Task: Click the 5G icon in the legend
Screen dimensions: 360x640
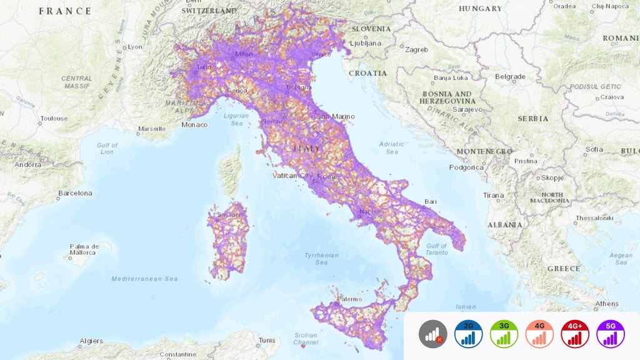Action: tap(611, 334)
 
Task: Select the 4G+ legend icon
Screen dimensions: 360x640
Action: tap(575, 334)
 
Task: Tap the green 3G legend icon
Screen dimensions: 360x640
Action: tap(504, 334)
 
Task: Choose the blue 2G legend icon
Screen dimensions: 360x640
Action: tap(468, 334)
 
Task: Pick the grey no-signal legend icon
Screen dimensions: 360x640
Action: tap(433, 334)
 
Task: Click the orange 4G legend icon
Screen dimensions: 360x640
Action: tap(539, 334)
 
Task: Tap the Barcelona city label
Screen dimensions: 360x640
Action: tap(74, 193)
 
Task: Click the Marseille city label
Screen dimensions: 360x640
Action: tap(152, 129)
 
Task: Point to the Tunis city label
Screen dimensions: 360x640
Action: tap(267, 341)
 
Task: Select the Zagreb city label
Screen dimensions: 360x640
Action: tap(416, 49)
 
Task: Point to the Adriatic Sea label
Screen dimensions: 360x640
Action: tap(391, 147)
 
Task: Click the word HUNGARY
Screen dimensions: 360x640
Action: tap(480, 9)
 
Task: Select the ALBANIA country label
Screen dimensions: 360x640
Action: tap(506, 224)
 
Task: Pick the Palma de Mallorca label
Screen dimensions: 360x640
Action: tap(84, 249)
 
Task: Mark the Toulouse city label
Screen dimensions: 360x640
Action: tap(54, 118)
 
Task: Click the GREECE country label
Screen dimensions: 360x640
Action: tap(564, 268)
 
